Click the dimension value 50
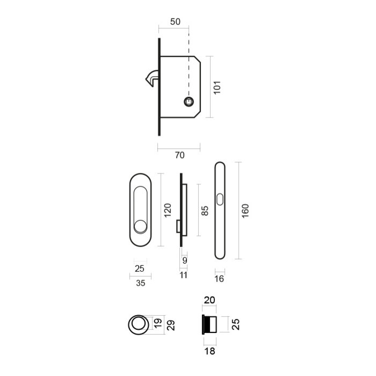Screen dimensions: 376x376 coord(175,22)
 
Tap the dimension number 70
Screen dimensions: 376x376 coord(179,155)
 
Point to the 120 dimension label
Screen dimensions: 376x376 coord(168,209)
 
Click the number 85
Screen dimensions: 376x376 coord(204,210)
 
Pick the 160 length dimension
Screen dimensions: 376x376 coord(245,210)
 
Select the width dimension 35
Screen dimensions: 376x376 coord(140,283)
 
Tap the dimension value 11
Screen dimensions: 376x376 coord(183,275)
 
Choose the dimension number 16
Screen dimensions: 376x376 coord(219,278)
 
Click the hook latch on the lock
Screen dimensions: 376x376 coord(151,78)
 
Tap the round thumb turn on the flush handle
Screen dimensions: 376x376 coord(141,226)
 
